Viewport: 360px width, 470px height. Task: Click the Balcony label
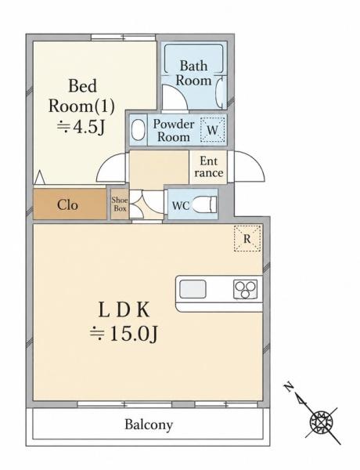pos(149,425)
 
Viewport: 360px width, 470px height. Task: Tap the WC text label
pos(181,205)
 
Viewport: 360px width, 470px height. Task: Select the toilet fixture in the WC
pos(204,204)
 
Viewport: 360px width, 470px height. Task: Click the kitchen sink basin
pos(193,289)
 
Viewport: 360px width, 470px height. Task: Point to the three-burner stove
pos(245,289)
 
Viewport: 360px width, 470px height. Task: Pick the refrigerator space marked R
pos(247,238)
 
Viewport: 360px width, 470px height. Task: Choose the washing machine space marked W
pos(212,129)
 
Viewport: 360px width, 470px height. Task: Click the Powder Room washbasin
pos(137,130)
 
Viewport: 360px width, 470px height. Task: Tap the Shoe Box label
pos(120,204)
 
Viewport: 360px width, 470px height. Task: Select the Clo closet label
pos(67,205)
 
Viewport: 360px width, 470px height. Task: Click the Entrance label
pos(209,167)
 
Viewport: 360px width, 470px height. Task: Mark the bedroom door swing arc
pos(106,164)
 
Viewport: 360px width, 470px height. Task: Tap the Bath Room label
pos(193,73)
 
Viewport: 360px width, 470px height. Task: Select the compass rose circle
pos(322,423)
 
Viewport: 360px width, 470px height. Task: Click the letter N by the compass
pos(289,387)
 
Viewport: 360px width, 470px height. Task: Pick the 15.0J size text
pos(124,334)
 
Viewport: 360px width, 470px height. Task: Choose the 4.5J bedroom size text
pos(81,127)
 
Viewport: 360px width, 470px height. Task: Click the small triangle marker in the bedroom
pos(40,178)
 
